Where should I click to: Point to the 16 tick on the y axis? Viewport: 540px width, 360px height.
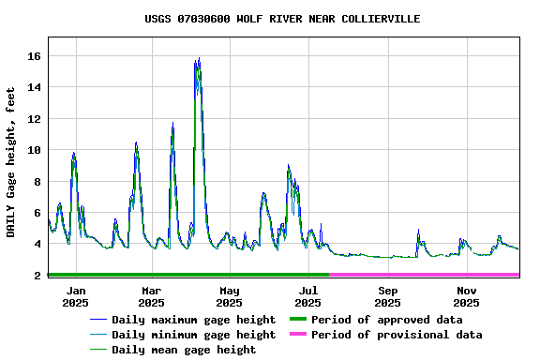click(34, 56)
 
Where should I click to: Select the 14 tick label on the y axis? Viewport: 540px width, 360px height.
click(34, 87)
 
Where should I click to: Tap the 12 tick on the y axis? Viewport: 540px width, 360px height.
click(34, 119)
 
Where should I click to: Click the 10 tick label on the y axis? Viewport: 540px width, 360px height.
click(34, 150)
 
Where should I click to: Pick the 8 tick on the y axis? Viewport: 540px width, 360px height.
click(37, 181)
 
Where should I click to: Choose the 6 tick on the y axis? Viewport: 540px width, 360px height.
click(37, 213)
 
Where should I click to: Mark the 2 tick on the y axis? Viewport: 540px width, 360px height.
click(37, 275)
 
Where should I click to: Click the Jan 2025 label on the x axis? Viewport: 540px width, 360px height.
click(76, 296)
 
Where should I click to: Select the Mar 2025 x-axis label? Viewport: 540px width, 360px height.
click(151, 296)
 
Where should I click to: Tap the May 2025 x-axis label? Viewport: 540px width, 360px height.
click(229, 296)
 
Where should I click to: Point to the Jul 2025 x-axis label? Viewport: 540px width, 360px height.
click(307, 296)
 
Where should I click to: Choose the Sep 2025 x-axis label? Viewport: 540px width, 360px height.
click(387, 296)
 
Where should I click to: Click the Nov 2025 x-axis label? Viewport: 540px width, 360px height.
click(466, 296)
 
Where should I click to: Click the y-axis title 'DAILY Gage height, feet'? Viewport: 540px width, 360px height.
click(11, 162)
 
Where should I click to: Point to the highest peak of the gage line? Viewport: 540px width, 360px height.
click(199, 59)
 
